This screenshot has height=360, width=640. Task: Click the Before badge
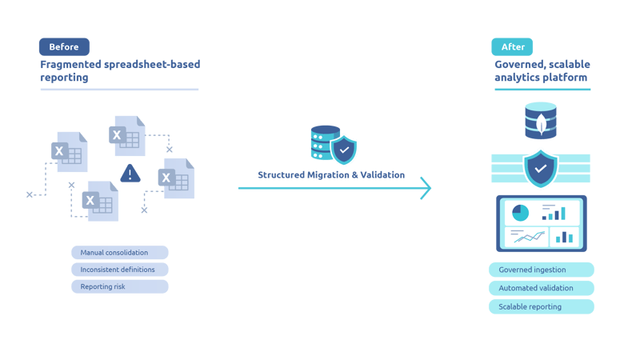[64, 47]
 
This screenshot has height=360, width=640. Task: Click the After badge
[512, 47]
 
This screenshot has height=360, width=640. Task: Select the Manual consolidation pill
[119, 253]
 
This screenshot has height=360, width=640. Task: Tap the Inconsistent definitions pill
[119, 270]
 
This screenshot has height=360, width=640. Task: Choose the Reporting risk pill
[119, 286]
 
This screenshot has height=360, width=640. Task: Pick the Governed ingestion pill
[541, 270]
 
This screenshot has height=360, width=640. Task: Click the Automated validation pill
[541, 288]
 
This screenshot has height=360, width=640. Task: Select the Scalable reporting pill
[541, 306]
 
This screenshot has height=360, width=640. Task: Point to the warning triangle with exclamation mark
[130, 173]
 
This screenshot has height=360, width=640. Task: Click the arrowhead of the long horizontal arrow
[426, 189]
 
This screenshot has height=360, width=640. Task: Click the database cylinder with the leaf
[541, 121]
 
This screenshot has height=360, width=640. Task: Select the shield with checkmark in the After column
[541, 168]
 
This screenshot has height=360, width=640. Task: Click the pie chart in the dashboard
[520, 212]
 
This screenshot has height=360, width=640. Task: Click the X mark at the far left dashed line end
[30, 194]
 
